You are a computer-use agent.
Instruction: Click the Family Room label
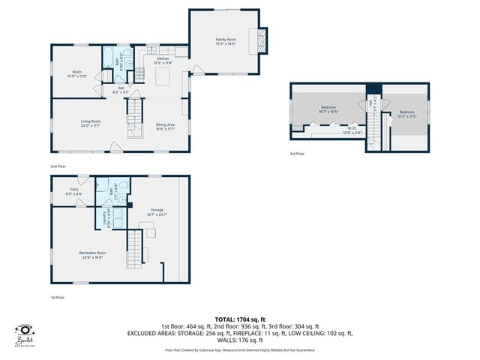226,40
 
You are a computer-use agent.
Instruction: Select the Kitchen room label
163,60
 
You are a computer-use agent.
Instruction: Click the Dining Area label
166,126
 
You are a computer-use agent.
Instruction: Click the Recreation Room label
91,255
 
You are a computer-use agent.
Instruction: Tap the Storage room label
157,212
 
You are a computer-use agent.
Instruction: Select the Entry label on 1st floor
74,191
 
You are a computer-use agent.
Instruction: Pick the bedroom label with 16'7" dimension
328,109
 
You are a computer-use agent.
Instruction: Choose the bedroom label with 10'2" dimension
405,114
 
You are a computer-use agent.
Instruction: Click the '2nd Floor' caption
58,165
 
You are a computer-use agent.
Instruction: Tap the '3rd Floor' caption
298,154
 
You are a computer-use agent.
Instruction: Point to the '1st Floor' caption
58,298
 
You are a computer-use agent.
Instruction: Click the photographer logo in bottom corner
26,335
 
